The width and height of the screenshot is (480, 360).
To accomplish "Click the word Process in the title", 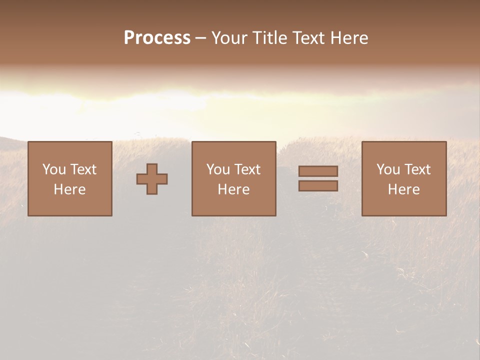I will click(x=157, y=38).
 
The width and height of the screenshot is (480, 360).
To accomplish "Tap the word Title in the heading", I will click(x=268, y=38).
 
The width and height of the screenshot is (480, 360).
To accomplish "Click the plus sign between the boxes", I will click(x=152, y=179).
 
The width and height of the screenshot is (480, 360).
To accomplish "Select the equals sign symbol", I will click(x=318, y=178).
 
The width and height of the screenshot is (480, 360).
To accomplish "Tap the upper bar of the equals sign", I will click(x=318, y=171).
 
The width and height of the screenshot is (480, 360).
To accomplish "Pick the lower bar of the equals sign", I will click(x=318, y=186).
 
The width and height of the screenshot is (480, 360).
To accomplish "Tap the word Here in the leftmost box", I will click(x=70, y=189).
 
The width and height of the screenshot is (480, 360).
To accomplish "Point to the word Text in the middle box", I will click(x=247, y=169).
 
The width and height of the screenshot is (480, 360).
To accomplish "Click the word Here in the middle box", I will click(x=234, y=189).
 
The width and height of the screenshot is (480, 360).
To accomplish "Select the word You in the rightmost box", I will click(x=388, y=169).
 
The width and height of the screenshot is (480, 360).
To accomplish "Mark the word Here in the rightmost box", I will click(x=404, y=189).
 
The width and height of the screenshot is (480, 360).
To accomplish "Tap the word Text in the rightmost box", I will click(x=417, y=169).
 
